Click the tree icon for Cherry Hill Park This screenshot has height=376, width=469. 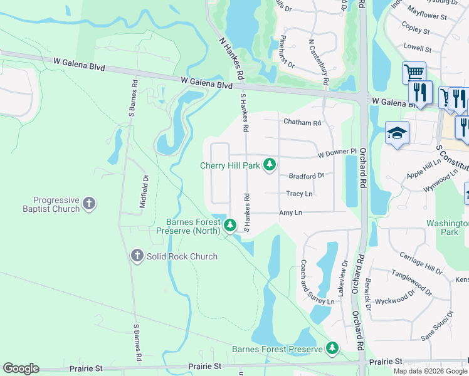[x=270, y=165]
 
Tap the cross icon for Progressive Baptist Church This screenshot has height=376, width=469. [x=90, y=203]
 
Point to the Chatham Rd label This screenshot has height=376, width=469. [x=302, y=123]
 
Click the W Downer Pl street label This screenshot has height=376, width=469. [x=337, y=152]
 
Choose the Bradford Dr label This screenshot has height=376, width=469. [x=306, y=176]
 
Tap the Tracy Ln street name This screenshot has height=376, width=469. [x=299, y=194]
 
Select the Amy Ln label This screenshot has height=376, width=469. [x=290, y=213]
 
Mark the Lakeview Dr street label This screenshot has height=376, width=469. [x=342, y=279]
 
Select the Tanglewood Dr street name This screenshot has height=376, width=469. [x=412, y=283]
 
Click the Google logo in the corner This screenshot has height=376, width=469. [x=21, y=368]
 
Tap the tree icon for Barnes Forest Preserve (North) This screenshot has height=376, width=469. [x=230, y=224]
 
